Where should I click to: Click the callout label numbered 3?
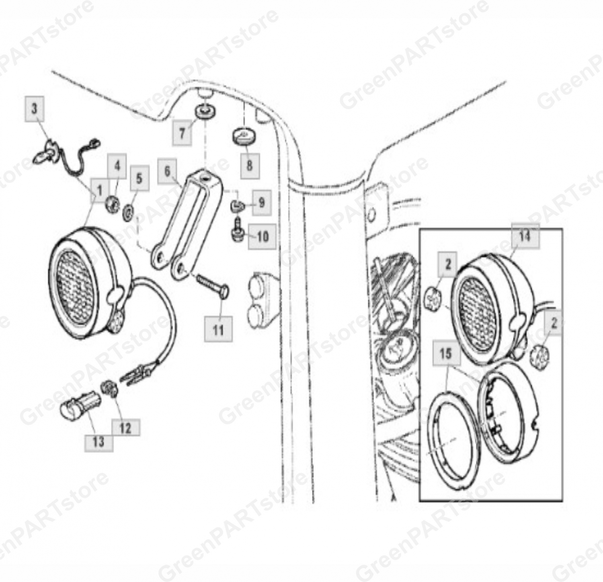pyautogui.click(x=35, y=108)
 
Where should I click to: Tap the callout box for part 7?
pyautogui.click(x=182, y=132)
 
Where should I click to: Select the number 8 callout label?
pyautogui.click(x=250, y=165)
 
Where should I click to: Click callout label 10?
pyautogui.click(x=262, y=236)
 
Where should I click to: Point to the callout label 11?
pyautogui.click(x=218, y=329)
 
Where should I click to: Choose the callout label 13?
pyautogui.click(x=98, y=441)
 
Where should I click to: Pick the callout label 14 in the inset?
pyautogui.click(x=525, y=236)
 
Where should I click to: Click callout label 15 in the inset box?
pyautogui.click(x=446, y=354)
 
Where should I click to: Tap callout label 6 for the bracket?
pyautogui.click(x=167, y=171)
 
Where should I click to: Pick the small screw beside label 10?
pyautogui.click(x=237, y=229)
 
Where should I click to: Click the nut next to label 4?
pyautogui.click(x=112, y=204)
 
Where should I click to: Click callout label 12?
pyautogui.click(x=125, y=428)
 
